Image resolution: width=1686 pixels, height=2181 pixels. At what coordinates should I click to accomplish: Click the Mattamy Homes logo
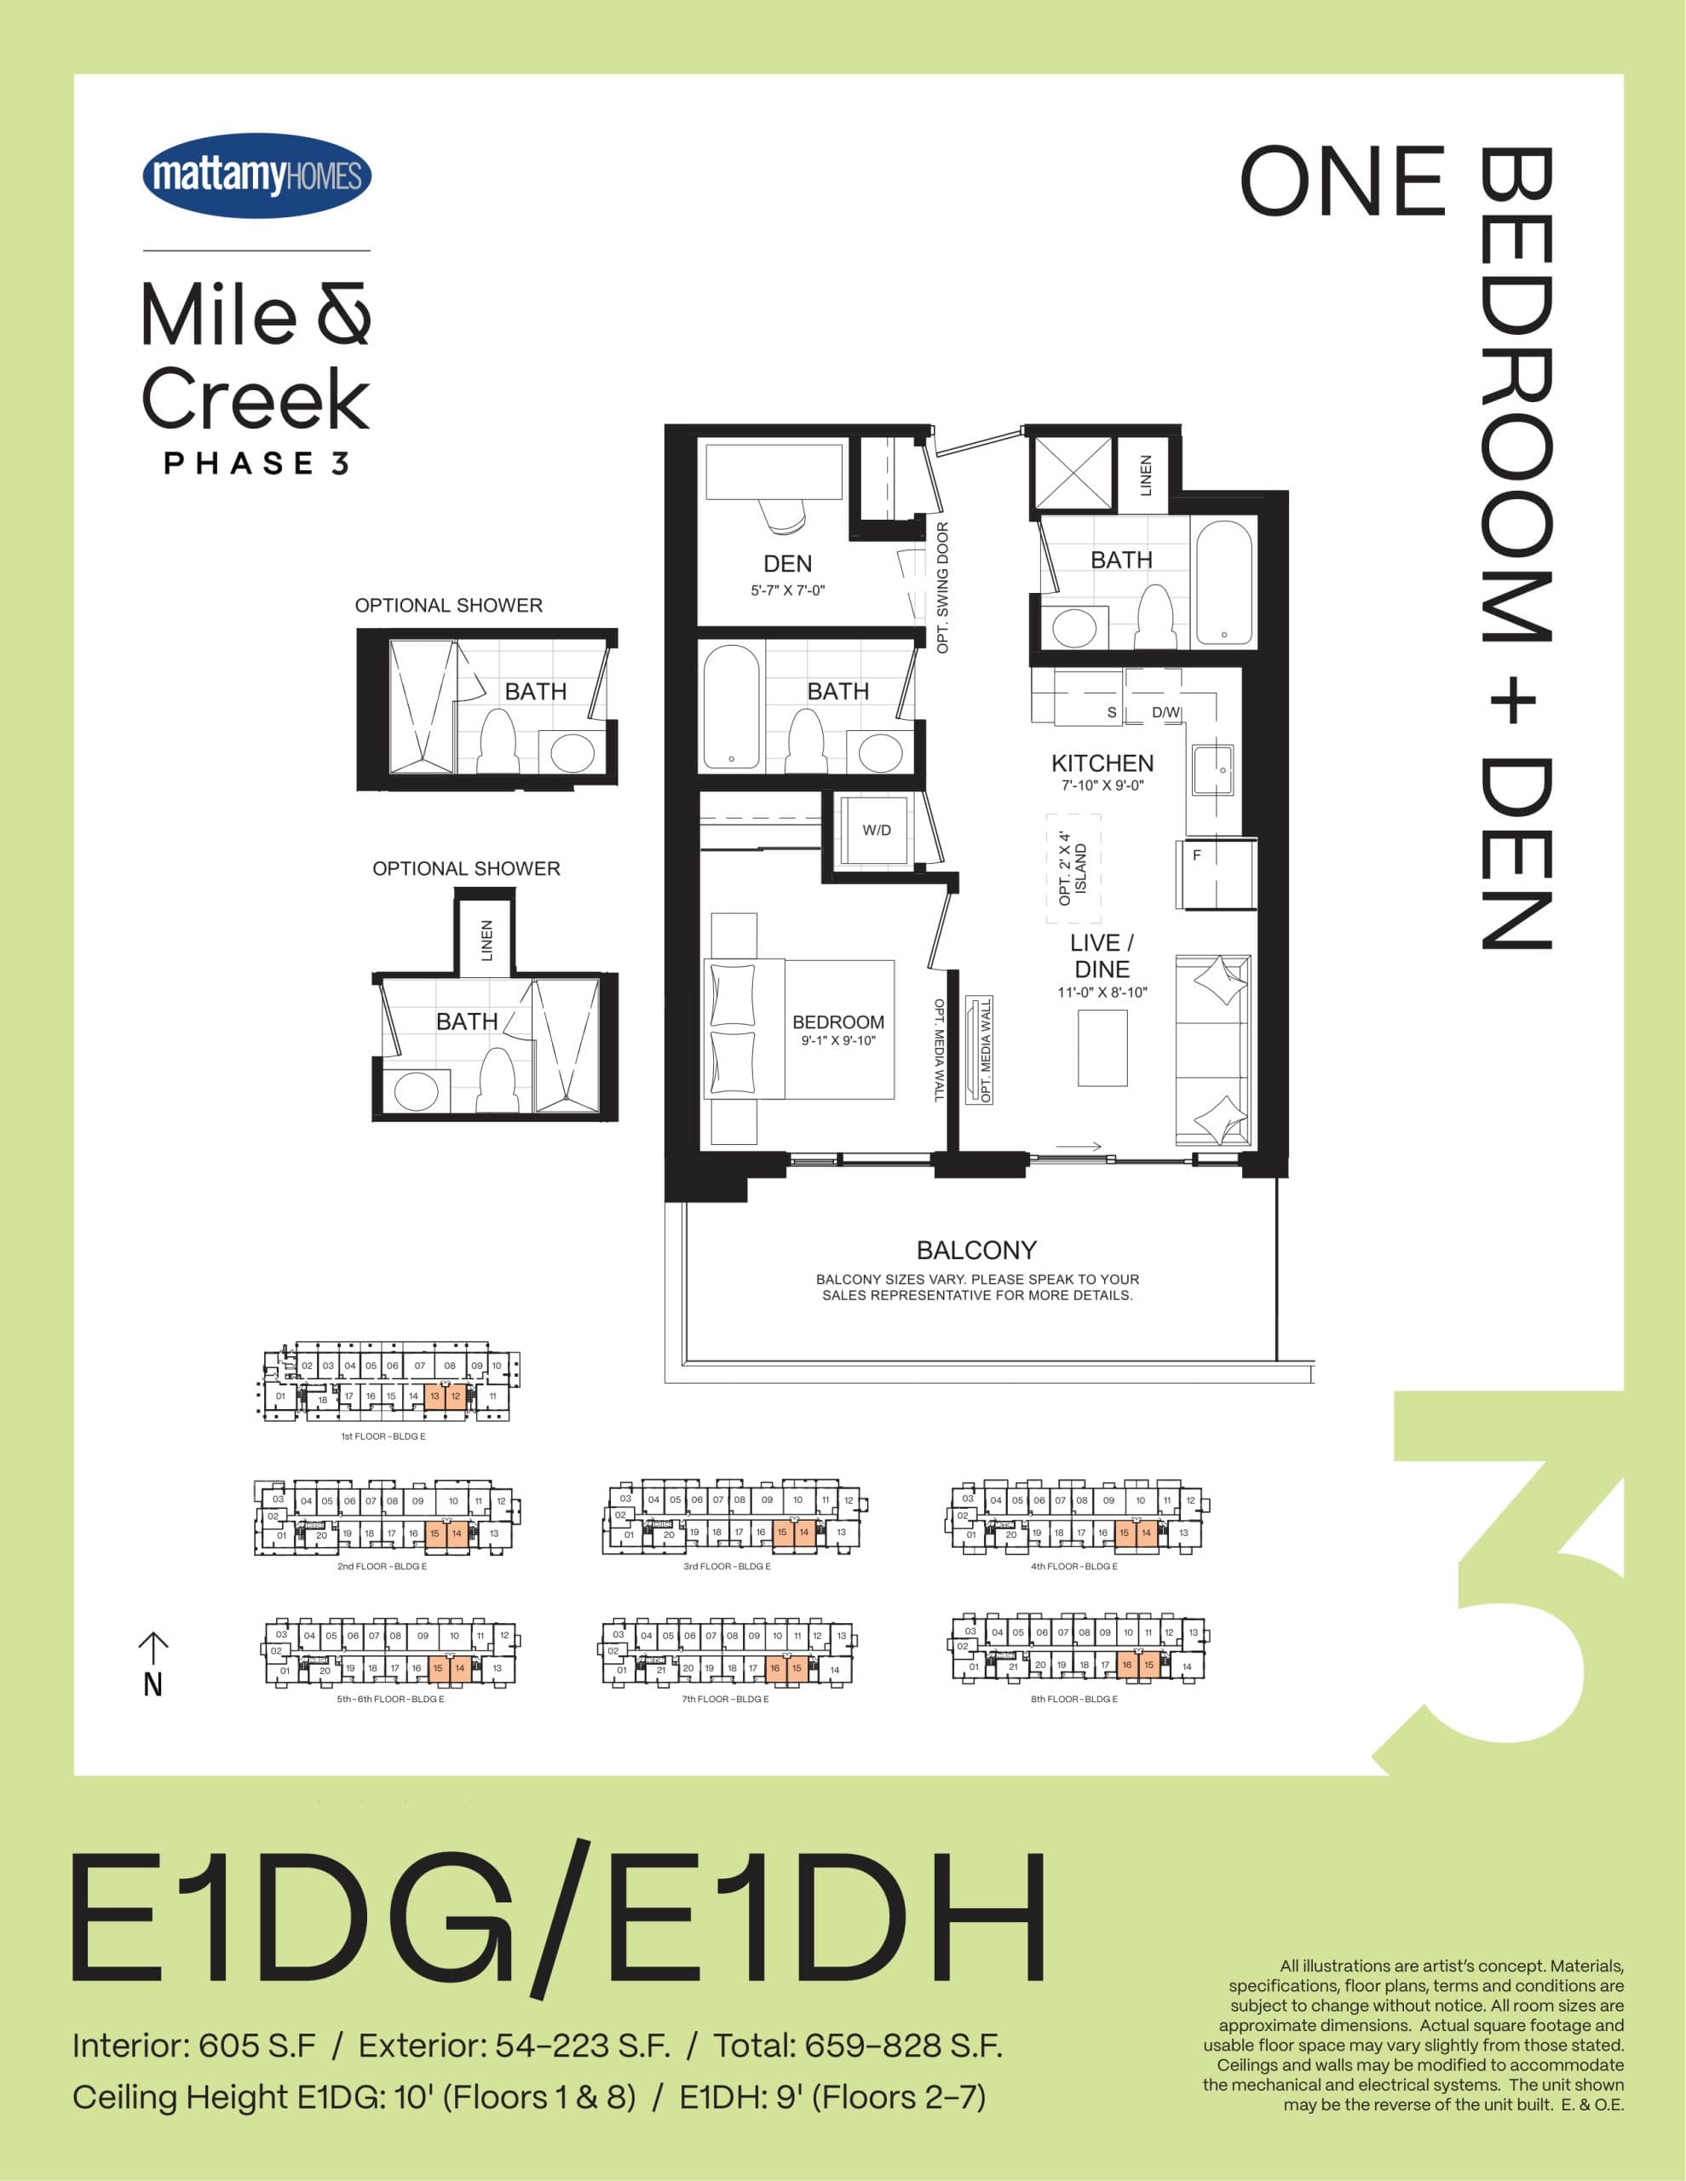click(x=256, y=176)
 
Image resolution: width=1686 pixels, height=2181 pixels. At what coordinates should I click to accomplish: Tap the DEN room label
click(x=787, y=564)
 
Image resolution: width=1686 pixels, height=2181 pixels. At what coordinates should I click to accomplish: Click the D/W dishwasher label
click(x=1165, y=713)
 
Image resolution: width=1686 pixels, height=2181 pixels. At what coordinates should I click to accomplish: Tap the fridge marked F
click(x=1211, y=874)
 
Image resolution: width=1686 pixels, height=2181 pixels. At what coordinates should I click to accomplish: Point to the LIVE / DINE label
click(x=1102, y=956)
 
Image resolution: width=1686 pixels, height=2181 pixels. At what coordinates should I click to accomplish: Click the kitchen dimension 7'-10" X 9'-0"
click(x=1102, y=785)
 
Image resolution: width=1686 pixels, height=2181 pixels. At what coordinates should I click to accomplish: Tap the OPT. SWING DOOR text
click(x=942, y=588)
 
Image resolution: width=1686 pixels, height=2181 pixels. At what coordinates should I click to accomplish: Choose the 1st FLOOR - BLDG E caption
click(x=383, y=1436)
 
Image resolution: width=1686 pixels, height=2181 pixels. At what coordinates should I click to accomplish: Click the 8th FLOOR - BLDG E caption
click(x=1073, y=1699)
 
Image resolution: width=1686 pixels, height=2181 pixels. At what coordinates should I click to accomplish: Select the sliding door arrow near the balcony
click(x=1079, y=1147)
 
